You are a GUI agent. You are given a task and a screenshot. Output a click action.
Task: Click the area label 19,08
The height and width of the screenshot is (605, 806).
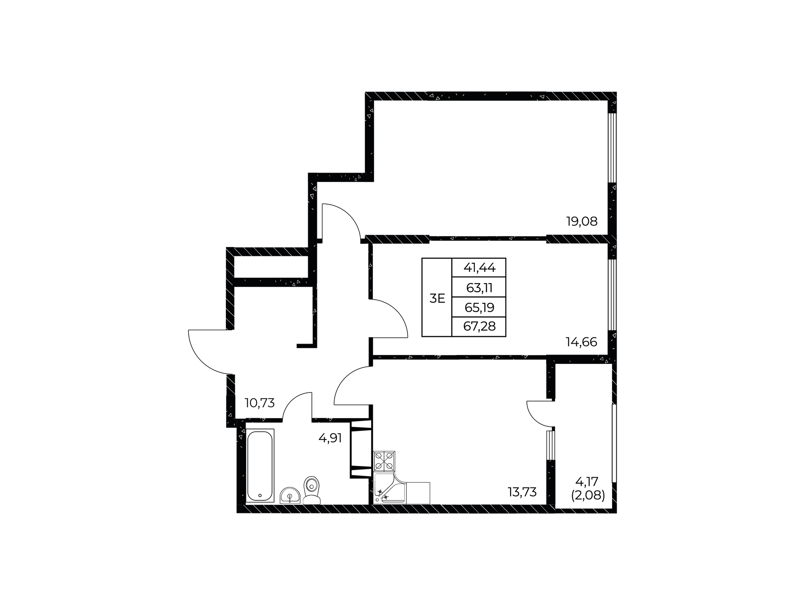click(582, 221)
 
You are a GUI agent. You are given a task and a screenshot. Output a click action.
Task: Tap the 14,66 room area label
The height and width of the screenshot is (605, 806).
click(581, 342)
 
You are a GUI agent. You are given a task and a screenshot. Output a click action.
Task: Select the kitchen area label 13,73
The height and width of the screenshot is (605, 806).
click(522, 492)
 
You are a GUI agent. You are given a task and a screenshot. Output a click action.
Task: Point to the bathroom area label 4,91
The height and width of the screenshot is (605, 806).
click(330, 438)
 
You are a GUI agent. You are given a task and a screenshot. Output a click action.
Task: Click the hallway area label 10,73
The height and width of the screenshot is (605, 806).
click(260, 403)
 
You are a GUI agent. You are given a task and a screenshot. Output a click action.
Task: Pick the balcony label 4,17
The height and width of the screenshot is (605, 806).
click(586, 481)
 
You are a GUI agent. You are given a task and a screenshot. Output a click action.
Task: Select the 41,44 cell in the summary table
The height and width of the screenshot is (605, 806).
click(479, 267)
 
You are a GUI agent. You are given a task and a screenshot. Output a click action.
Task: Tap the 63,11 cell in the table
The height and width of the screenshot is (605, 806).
click(479, 287)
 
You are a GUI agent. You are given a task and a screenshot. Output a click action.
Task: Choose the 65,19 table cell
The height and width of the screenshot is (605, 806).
click(479, 307)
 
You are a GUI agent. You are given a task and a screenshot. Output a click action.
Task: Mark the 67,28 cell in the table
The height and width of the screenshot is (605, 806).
click(479, 327)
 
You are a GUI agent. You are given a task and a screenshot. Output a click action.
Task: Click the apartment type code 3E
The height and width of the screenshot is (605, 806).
click(437, 298)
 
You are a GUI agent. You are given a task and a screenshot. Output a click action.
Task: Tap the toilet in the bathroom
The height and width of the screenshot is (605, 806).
click(311, 490)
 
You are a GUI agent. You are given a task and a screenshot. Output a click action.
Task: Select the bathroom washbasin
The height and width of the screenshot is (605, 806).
click(290, 495)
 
